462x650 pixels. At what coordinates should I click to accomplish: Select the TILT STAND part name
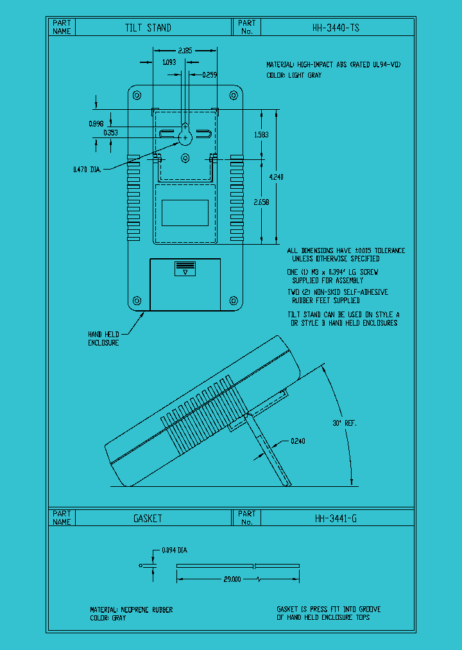tap(148, 28)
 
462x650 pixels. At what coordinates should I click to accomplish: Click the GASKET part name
tap(148, 518)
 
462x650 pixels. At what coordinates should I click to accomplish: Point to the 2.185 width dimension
tap(185, 49)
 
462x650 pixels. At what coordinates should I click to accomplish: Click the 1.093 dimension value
tap(169, 62)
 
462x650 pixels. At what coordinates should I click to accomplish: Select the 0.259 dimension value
tap(209, 75)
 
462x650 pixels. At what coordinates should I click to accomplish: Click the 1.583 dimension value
tap(261, 135)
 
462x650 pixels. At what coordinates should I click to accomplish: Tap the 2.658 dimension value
tap(261, 202)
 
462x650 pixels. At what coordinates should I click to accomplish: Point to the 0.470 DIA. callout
tap(87, 170)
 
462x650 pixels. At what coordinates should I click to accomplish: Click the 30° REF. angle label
tap(345, 423)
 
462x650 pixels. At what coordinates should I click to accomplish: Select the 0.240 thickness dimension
tap(298, 441)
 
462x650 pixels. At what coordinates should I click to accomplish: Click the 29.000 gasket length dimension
tap(232, 579)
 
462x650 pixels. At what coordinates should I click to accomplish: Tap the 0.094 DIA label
tap(174, 550)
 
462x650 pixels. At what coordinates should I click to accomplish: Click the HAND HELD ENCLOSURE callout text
tap(103, 338)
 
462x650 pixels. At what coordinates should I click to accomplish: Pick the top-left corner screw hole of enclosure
tap(137, 96)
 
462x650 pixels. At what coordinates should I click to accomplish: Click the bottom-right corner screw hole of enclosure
tap(234, 301)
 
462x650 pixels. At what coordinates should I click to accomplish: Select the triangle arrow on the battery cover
tap(185, 272)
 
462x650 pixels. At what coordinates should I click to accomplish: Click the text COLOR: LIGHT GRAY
tap(294, 75)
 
